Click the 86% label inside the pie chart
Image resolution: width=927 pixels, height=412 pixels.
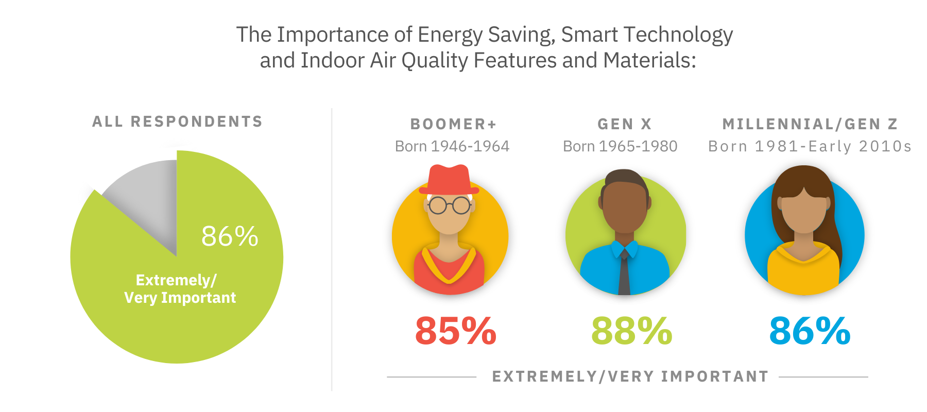pos(230,236)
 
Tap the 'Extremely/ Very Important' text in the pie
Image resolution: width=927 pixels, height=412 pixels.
pos(180,289)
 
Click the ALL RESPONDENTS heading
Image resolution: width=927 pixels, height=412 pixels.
pos(178,122)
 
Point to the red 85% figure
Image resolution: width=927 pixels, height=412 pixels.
pos(455,331)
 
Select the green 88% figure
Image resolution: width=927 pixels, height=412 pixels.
pos(631,331)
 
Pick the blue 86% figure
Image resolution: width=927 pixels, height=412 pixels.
pos(809,331)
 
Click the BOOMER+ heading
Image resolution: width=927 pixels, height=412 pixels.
pos(453,124)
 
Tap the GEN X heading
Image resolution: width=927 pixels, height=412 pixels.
pos(625,124)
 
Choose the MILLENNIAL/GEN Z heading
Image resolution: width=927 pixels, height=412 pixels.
pos(810,124)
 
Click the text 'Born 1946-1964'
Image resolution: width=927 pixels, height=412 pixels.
pos(452,146)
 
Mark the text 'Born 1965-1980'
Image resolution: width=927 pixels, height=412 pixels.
pos(620,146)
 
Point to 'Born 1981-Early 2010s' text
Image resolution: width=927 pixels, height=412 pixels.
pos(810,146)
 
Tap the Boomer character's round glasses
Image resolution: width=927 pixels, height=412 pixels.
pos(450,205)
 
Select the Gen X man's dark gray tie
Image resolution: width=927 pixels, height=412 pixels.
pos(624,273)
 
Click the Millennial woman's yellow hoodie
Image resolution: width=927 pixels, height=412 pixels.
pos(803,273)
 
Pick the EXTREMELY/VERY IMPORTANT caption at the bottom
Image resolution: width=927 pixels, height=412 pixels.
pos(630,376)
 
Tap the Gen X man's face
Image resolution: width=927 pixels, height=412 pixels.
pos(625,206)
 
